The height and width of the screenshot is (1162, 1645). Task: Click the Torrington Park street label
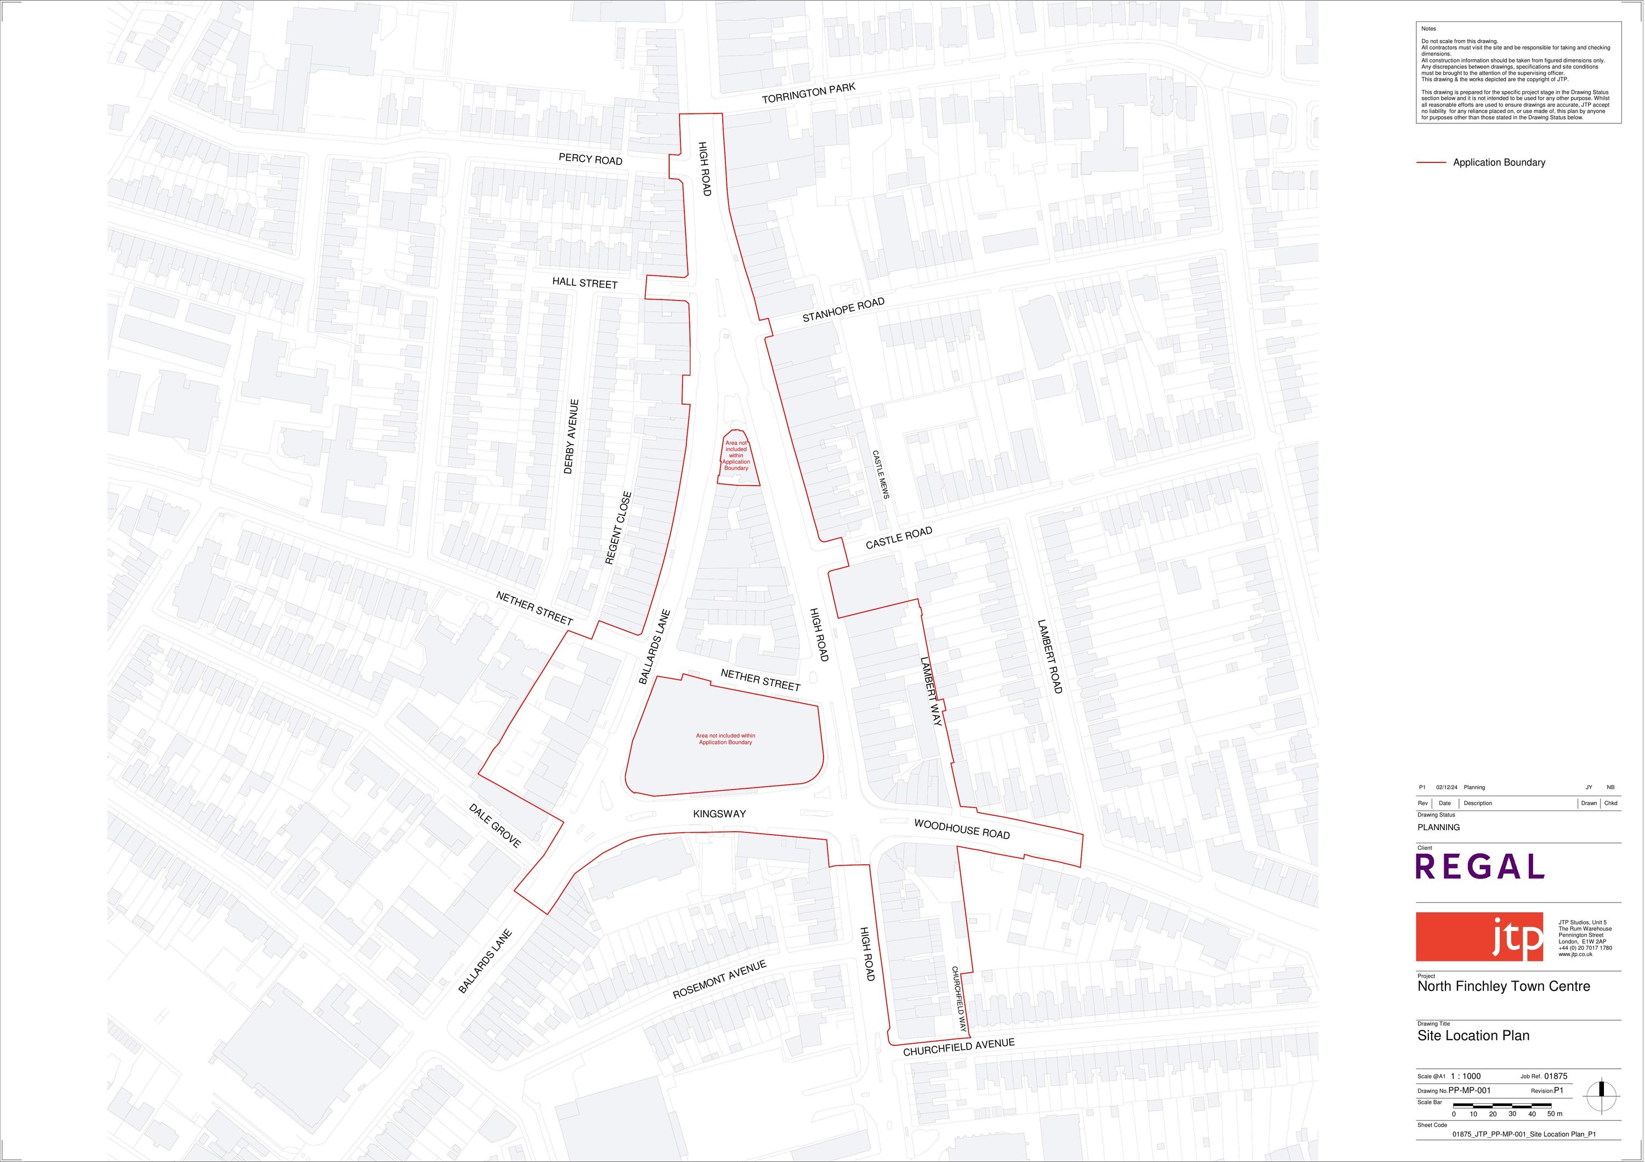[808, 93]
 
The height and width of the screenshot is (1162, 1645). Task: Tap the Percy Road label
[591, 158]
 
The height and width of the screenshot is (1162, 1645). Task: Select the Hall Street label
[585, 283]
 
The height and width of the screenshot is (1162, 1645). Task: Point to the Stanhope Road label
[843, 309]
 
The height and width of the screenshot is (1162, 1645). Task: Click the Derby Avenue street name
[571, 437]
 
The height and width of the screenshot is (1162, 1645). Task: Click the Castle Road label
[899, 537]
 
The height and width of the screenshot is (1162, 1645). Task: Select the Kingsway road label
[719, 814]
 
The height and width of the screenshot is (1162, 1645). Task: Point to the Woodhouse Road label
[961, 829]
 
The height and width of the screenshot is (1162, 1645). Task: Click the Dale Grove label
[495, 825]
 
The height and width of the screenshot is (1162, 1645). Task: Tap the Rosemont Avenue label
[719, 979]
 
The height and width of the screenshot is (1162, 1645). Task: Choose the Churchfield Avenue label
[958, 1047]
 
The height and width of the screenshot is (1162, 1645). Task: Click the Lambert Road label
[1050, 656]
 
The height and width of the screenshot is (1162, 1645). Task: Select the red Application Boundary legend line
[1431, 163]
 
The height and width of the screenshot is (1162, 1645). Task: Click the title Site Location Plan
[1473, 1035]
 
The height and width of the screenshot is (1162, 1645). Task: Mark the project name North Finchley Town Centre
[1503, 986]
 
